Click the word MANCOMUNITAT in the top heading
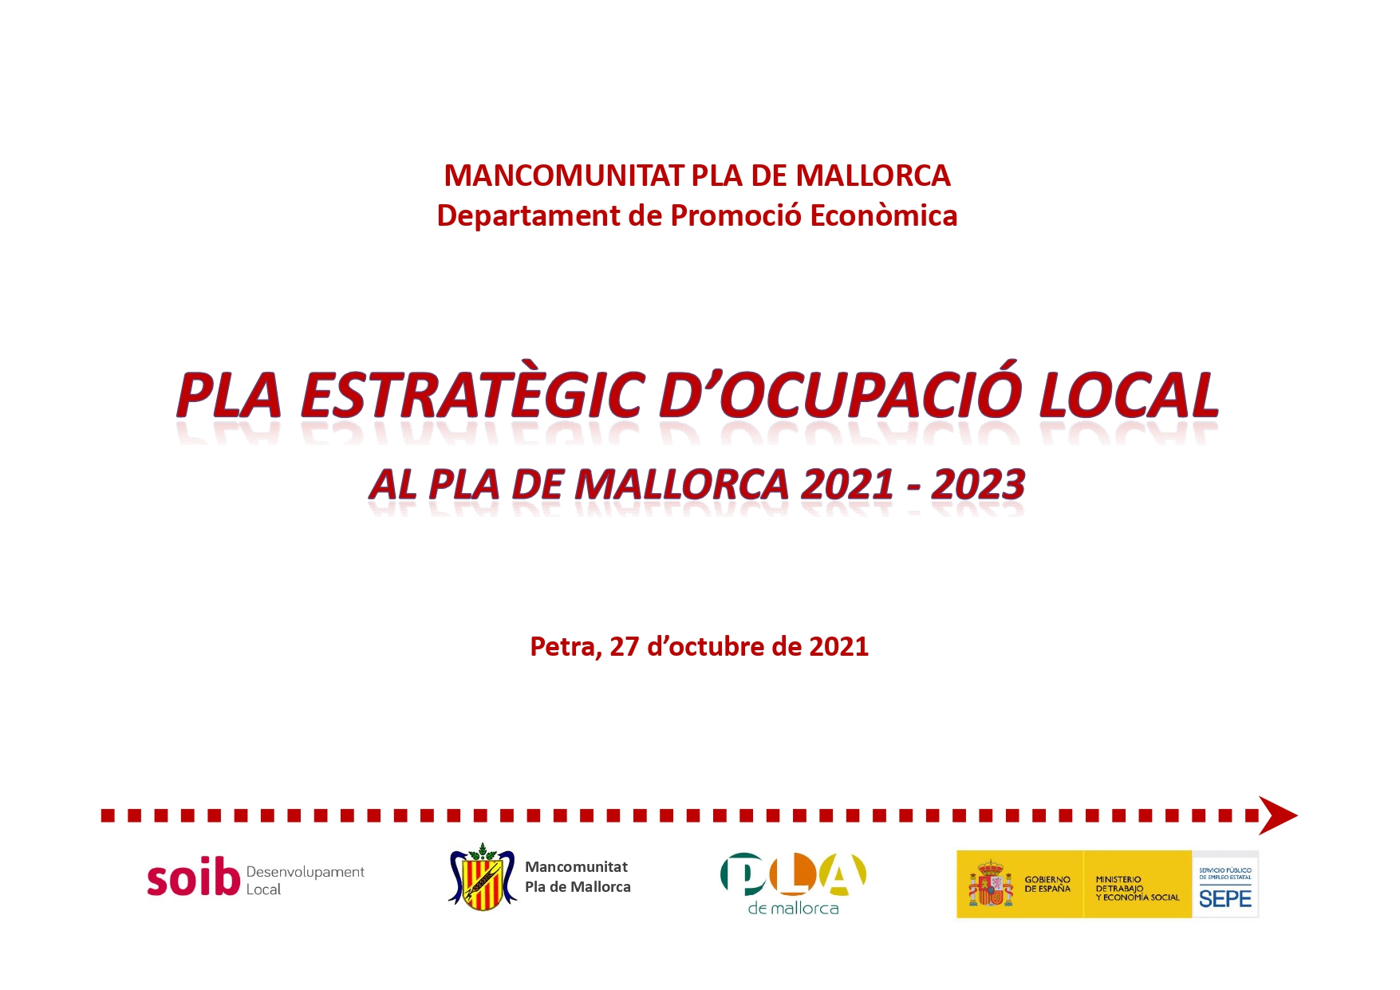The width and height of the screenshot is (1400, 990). pos(564,176)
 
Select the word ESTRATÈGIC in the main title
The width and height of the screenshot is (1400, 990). pos(471,395)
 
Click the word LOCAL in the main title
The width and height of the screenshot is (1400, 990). pos(1129,395)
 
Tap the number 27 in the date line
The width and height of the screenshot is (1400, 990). pos(625,646)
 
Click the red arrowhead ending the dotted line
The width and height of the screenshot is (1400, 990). pos(1278,815)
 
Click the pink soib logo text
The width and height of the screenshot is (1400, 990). pos(194,878)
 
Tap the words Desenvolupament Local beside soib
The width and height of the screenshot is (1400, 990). pos(305,881)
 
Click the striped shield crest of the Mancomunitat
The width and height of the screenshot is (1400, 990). pos(483,877)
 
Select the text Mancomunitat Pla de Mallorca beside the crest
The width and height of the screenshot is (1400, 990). pos(578,877)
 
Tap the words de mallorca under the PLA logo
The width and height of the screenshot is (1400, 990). pos(793,908)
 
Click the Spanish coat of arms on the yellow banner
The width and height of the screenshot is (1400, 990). pos(991,884)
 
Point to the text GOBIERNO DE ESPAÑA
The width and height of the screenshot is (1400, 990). pos(1047,884)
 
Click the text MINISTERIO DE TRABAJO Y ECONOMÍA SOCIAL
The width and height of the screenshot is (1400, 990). pos(1138,889)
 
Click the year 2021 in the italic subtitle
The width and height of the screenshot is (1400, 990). pos(846,484)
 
